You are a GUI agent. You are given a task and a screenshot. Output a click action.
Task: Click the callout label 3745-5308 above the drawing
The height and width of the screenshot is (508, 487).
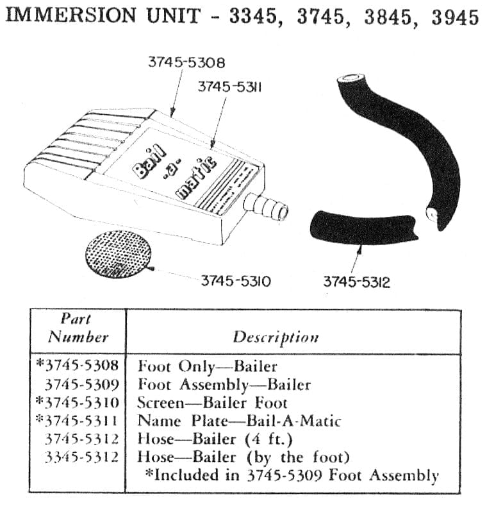pos(186,62)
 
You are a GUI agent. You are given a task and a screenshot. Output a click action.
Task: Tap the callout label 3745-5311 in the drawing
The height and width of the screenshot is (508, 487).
pos(230,87)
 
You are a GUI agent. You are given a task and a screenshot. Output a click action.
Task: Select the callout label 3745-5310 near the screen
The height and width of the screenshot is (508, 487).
pos(236,281)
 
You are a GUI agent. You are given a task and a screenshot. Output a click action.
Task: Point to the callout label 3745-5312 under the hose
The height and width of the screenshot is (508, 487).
pos(356,282)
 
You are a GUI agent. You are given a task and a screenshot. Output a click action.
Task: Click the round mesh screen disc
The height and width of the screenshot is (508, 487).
pos(118,255)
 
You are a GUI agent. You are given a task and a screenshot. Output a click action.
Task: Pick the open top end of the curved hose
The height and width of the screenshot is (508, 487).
pos(351,78)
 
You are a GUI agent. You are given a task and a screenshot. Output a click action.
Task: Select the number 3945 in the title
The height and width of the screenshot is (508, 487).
pos(455,17)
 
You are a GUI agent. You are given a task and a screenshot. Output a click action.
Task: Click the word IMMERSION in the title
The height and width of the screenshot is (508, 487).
pos(71,15)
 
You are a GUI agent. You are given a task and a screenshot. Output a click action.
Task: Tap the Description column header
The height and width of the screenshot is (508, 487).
pos(276,337)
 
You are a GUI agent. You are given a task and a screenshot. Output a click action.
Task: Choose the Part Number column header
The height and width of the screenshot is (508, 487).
pos(78,328)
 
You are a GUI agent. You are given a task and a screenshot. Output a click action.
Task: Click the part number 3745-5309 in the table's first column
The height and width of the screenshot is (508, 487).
pos(82,385)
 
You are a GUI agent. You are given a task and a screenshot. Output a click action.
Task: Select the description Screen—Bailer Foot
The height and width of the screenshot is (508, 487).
pos(212,403)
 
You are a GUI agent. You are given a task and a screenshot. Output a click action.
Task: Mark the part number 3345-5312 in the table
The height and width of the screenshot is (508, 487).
pos(82,457)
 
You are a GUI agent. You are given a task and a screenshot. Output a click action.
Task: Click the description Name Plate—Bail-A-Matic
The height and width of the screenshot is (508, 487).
pos(239,421)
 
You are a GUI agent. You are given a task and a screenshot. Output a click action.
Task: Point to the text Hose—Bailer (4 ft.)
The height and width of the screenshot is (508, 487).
pos(215,439)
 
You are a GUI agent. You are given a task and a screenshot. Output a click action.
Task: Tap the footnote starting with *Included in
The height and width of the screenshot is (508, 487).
pos(292,475)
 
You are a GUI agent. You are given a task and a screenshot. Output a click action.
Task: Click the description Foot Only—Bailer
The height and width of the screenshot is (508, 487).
pos(208,366)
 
